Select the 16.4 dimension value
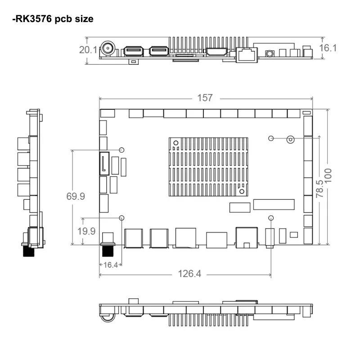[110, 265]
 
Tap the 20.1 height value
[88, 50]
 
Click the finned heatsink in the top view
[208, 166]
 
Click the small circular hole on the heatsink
[242, 192]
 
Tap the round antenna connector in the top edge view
[108, 49]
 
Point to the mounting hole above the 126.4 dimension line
[271, 218]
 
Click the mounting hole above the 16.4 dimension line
[121, 218]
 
